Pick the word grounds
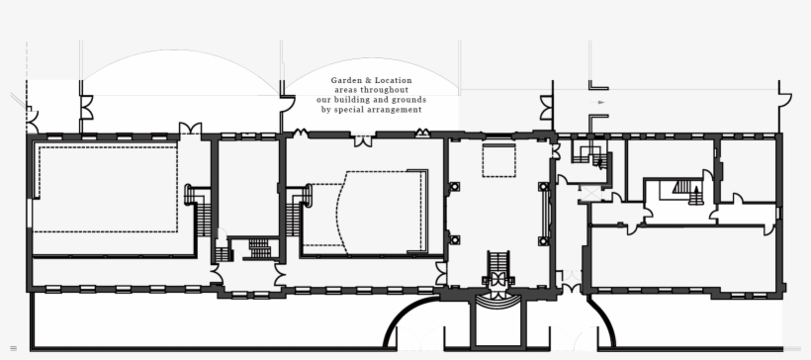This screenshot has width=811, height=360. click(x=407, y=100)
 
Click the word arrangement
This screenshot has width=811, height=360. click(x=396, y=110)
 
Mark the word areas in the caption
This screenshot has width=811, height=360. click(x=347, y=90)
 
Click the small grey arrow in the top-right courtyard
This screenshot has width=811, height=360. click(x=600, y=102)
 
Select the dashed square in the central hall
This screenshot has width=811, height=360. click(x=498, y=160)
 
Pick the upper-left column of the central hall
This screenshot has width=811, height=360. click(x=455, y=186)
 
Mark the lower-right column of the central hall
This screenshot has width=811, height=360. click(x=542, y=239)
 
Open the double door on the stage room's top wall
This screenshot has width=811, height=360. click(x=364, y=139)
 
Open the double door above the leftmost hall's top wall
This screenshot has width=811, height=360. click(x=189, y=129)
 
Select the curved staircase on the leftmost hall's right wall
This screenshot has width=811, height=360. click(x=198, y=208)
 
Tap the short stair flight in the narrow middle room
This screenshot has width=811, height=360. click(x=260, y=247)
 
